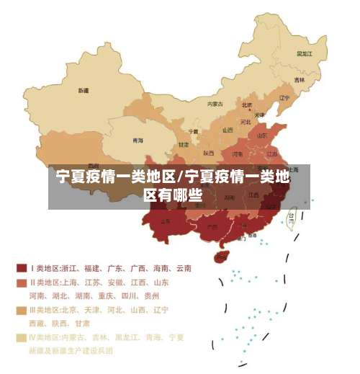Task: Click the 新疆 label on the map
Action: [84, 91]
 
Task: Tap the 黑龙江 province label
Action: [305, 53]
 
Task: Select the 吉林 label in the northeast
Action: [299, 79]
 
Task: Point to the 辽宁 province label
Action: [284, 98]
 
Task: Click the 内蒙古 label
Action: [215, 104]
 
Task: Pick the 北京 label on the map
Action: [246, 104]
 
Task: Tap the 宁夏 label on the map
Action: [193, 131]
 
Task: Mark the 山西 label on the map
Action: [228, 130]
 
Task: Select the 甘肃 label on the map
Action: [183, 144]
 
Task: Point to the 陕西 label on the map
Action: [208, 153]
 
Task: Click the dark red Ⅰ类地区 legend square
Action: [21, 268]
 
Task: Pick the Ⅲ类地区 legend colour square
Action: [21, 311]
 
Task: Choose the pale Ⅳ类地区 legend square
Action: [21, 337]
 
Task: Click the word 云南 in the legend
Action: [183, 268]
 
